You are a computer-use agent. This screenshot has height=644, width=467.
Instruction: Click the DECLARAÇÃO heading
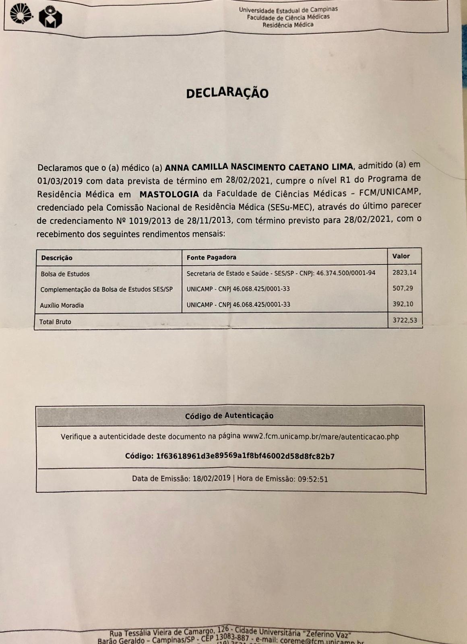pyautogui.click(x=227, y=93)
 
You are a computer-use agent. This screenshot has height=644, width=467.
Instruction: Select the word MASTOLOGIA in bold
pyautogui.click(x=169, y=194)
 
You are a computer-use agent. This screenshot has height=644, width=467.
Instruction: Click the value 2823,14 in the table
pyautogui.click(x=404, y=272)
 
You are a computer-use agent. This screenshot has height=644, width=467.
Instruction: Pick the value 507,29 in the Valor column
pyautogui.click(x=403, y=288)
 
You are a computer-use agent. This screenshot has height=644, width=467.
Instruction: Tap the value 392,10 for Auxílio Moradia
pyautogui.click(x=403, y=304)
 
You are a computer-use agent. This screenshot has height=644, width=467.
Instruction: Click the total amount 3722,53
pyautogui.click(x=405, y=320)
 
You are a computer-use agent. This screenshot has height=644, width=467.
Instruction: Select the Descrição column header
pyautogui.click(x=57, y=258)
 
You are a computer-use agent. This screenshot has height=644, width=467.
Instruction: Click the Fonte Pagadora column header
pyautogui.click(x=211, y=257)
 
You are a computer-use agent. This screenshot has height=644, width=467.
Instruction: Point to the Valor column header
pyautogui.click(x=401, y=256)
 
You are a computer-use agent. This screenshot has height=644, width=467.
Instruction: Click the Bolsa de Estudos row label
pyautogui.click(x=65, y=274)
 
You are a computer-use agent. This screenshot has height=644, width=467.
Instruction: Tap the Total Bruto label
pyautogui.click(x=55, y=322)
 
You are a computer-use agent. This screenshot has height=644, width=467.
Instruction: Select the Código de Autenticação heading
pyautogui.click(x=229, y=416)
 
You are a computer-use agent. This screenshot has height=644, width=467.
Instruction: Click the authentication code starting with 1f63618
pyautogui.click(x=245, y=456)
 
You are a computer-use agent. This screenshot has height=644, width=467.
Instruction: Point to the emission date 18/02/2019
pyautogui.click(x=211, y=479)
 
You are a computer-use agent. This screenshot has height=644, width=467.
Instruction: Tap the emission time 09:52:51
pyautogui.click(x=312, y=479)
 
